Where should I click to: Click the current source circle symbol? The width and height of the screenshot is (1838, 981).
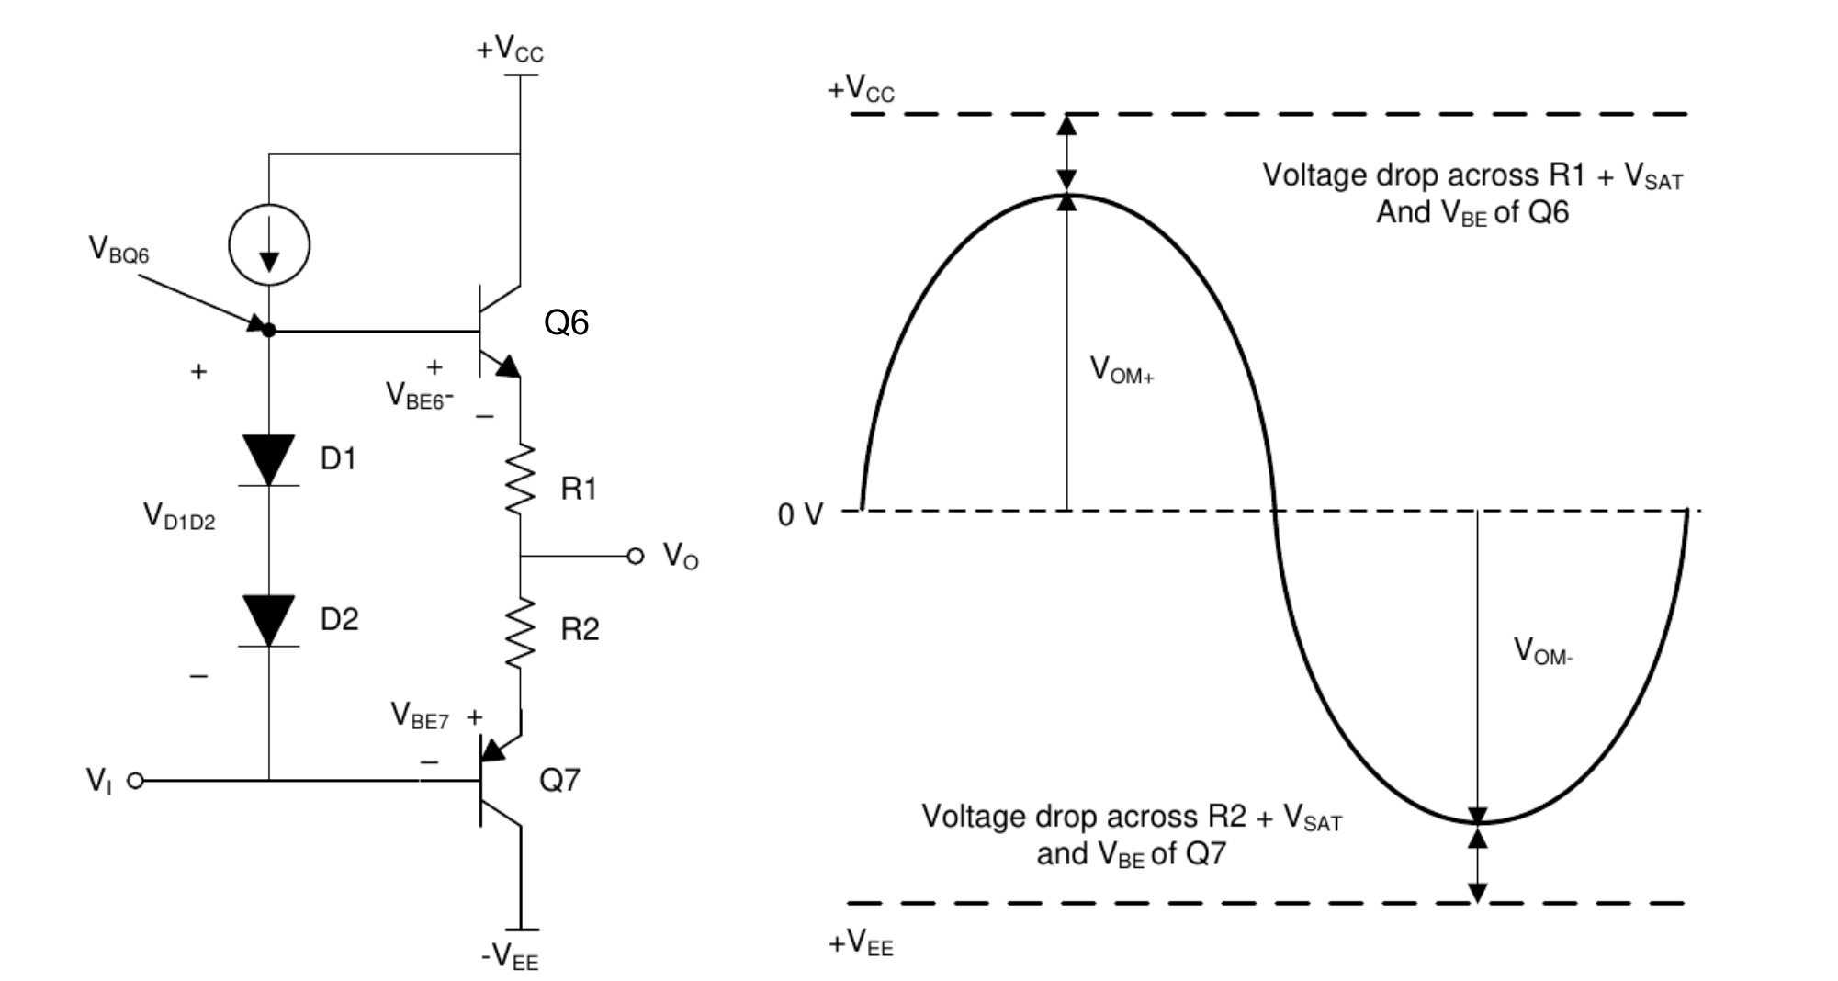(x=269, y=245)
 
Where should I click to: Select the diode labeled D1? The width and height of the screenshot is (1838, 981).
(x=269, y=460)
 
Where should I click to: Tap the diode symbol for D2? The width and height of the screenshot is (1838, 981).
(x=269, y=621)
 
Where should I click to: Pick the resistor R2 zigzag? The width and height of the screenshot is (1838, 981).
(x=521, y=633)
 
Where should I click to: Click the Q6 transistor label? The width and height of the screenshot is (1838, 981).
(x=566, y=322)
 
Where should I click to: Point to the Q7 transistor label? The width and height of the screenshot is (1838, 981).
(x=559, y=780)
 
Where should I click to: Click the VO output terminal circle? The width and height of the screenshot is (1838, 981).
(x=635, y=556)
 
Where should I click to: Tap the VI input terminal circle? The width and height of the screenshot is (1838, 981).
(x=135, y=781)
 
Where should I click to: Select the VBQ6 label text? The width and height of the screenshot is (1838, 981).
(x=118, y=250)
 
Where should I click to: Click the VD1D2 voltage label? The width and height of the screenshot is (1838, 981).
(x=179, y=517)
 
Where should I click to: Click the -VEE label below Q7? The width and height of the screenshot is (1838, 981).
(x=510, y=957)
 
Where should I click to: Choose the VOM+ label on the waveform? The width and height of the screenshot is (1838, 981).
(x=1121, y=370)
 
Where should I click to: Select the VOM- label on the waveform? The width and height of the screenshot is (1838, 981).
(x=1542, y=651)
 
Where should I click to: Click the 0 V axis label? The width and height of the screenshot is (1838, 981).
(x=801, y=515)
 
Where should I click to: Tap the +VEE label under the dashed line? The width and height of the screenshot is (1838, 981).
(x=861, y=943)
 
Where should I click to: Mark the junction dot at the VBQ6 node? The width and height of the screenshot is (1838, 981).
(x=269, y=330)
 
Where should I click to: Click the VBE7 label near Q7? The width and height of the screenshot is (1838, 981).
(x=420, y=716)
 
